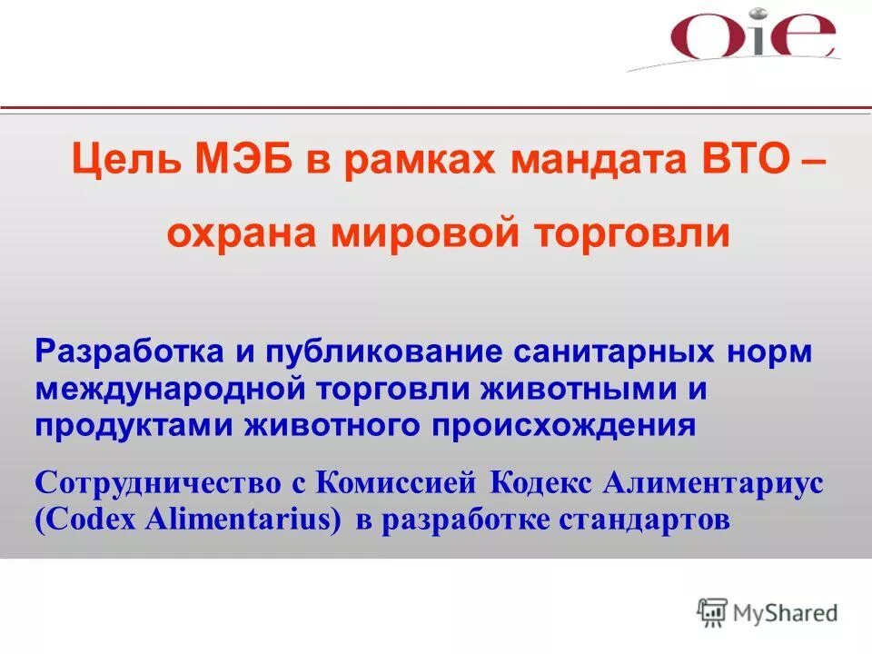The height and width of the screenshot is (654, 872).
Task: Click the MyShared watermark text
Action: (786, 612)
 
